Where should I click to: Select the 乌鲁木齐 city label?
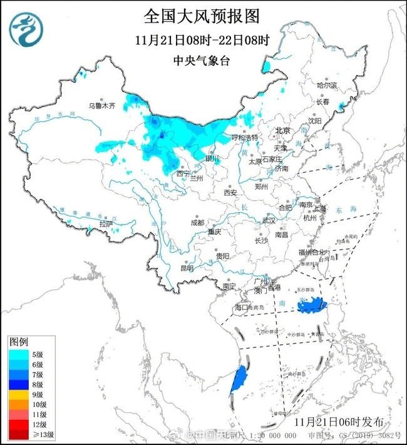click(101, 106)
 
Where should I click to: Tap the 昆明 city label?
click(187, 268)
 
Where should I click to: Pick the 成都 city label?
click(197, 222)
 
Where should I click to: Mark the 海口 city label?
click(241, 307)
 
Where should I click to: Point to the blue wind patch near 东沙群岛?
click(313, 305)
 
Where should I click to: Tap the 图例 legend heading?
click(19, 342)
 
